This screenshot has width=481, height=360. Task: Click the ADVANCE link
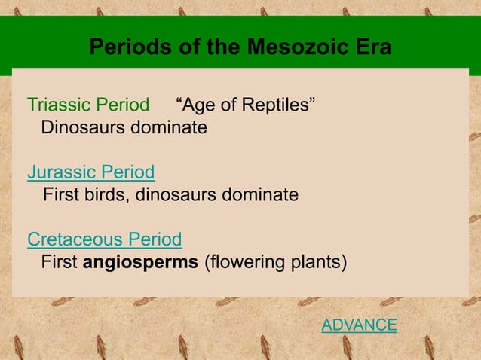point(359,325)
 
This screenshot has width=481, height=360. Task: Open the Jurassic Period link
point(91,172)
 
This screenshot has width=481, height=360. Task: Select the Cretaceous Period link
point(104,240)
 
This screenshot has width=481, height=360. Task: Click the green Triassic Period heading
point(88,105)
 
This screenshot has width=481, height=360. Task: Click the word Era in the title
point(371,47)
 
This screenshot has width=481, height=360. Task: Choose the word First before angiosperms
point(59,263)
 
